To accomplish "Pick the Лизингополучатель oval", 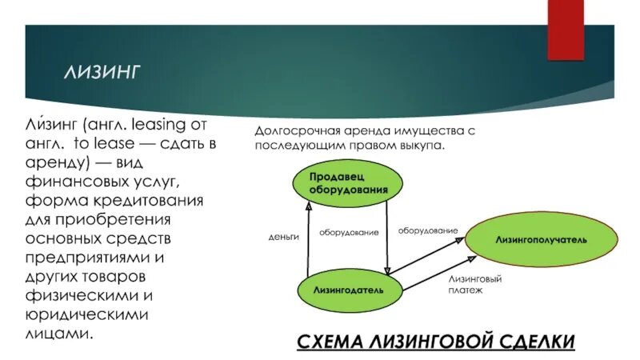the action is [541, 238].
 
